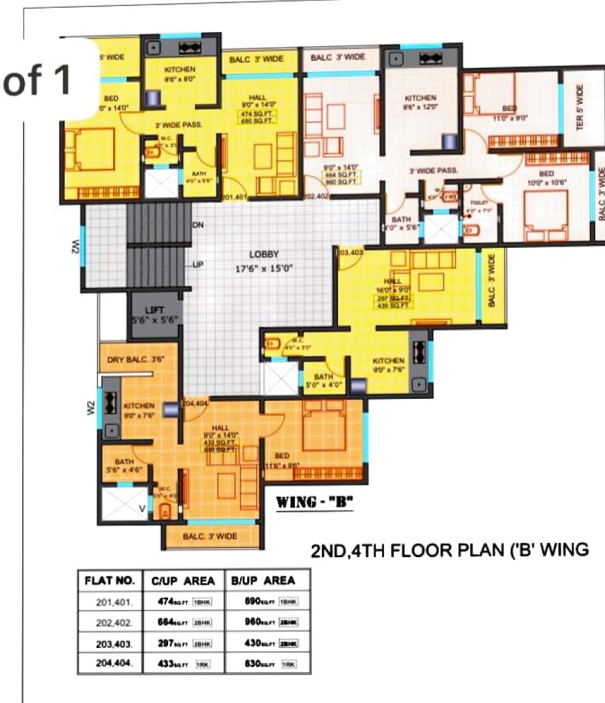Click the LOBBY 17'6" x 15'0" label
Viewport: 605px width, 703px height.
[x=264, y=260]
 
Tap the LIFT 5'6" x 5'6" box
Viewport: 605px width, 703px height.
[x=154, y=315]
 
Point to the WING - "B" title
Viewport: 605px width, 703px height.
[x=315, y=503]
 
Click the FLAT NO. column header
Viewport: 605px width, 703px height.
[x=110, y=580]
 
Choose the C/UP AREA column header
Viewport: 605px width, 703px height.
[x=183, y=580]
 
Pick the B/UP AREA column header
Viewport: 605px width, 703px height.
[x=263, y=580]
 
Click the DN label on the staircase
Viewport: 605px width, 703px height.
[x=198, y=226]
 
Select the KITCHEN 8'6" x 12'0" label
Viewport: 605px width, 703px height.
[x=421, y=103]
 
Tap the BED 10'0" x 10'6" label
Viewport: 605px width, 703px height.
[x=547, y=178]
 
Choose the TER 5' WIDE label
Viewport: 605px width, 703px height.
[x=579, y=107]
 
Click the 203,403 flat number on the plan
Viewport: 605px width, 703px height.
[x=351, y=252]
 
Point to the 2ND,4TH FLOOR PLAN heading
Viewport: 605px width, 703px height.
[x=449, y=551]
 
